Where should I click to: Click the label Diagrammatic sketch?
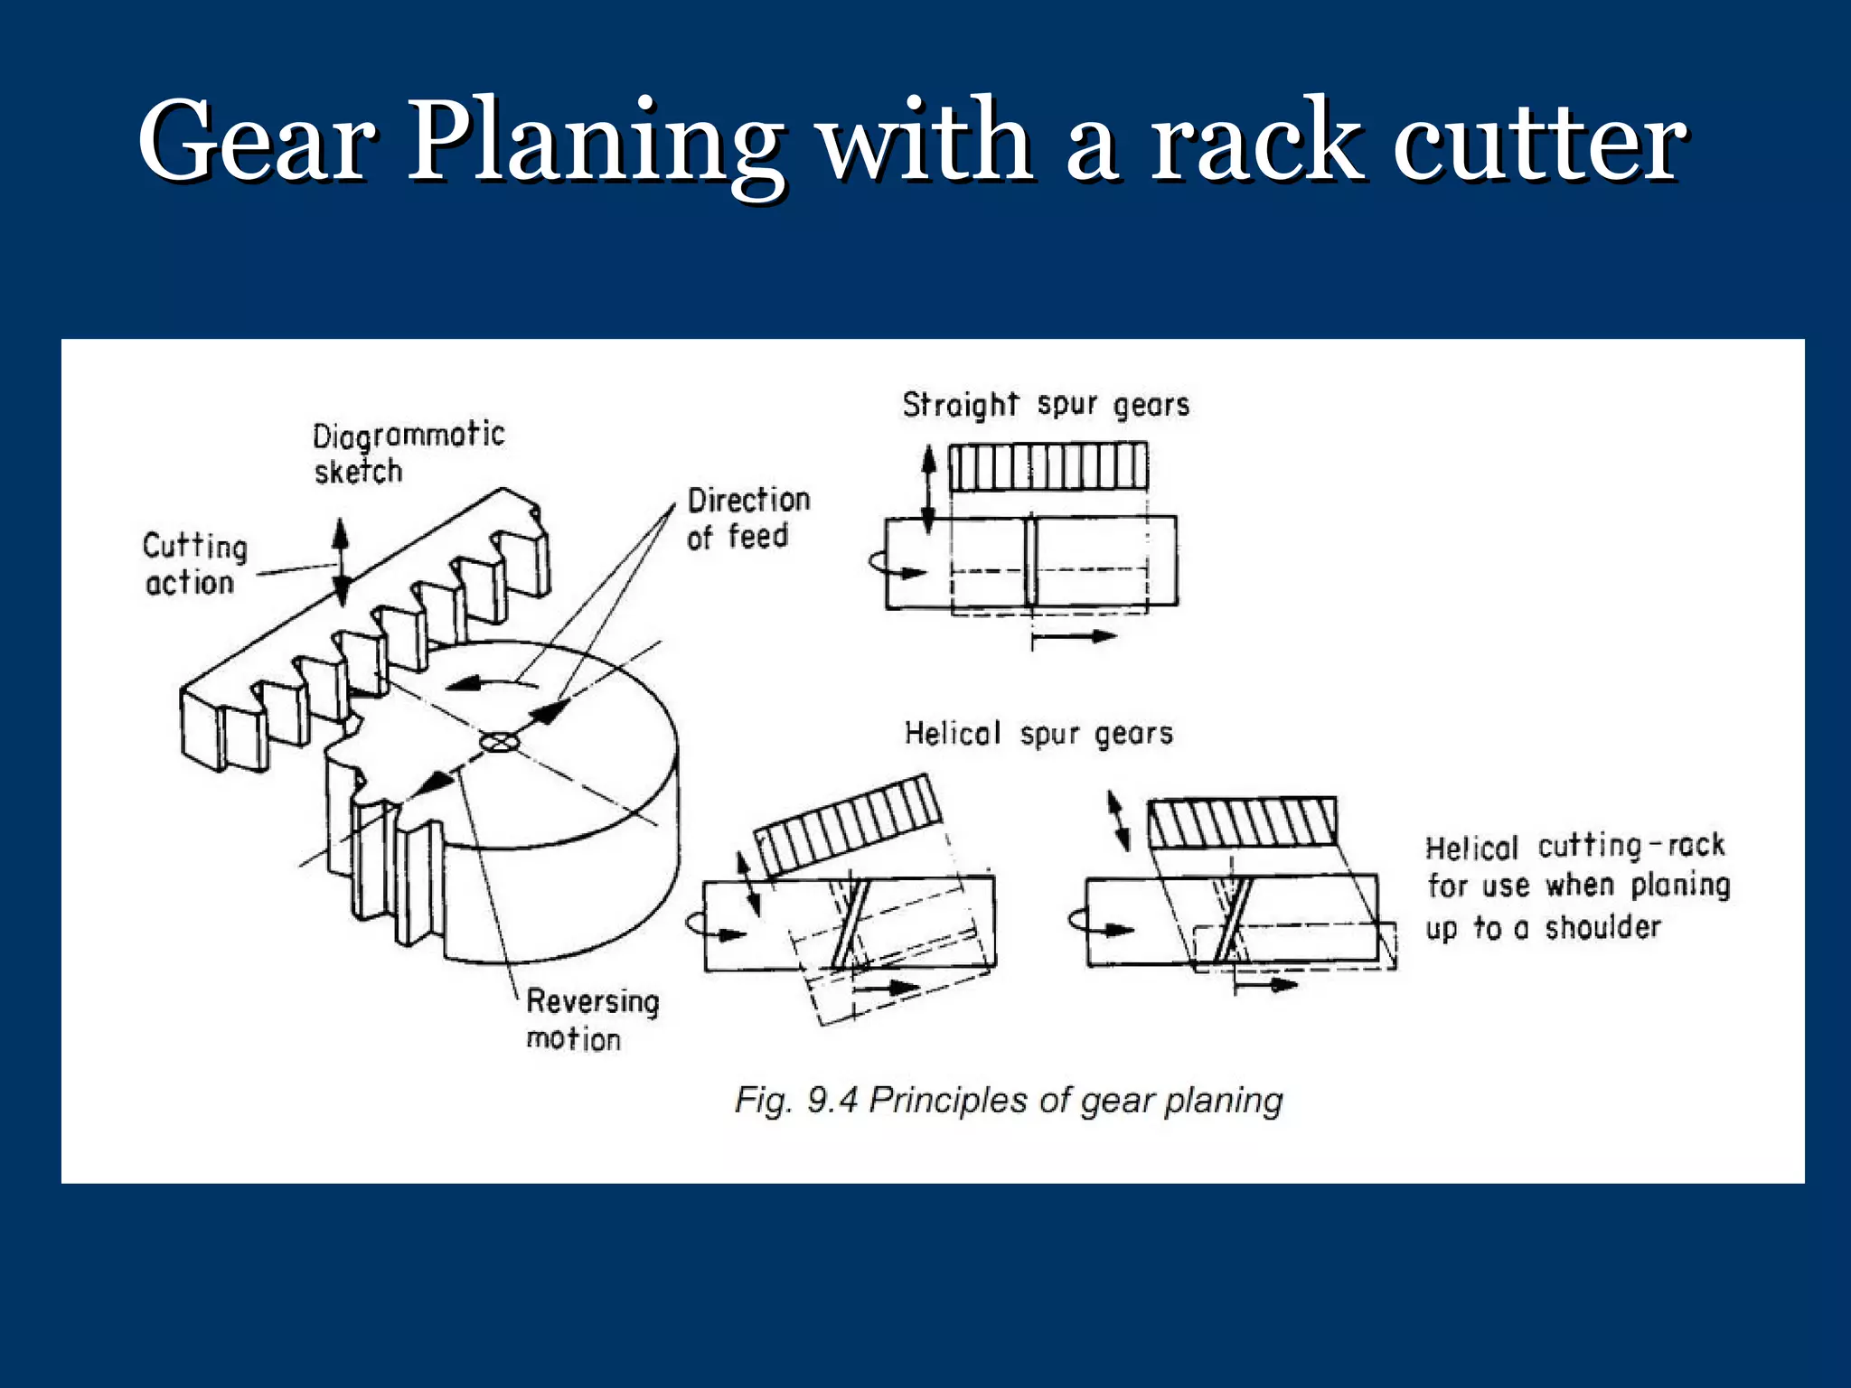pos(407,453)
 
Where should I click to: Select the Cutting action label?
pos(193,565)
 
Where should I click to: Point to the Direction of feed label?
pos(747,518)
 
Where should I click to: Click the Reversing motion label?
pos(591,1019)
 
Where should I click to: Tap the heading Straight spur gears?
pos(1046,404)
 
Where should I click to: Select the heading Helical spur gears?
pos(1038,733)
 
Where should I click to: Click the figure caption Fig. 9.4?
pos(1008,1101)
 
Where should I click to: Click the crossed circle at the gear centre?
pos(498,742)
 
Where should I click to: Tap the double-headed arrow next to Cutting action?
pos(341,561)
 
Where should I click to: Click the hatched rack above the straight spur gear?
pos(1048,466)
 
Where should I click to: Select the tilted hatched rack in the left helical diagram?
pos(848,824)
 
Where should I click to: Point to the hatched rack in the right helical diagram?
pos(1242,822)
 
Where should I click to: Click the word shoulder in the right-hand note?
pos(1602,927)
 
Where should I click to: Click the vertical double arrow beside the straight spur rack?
pos(928,489)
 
